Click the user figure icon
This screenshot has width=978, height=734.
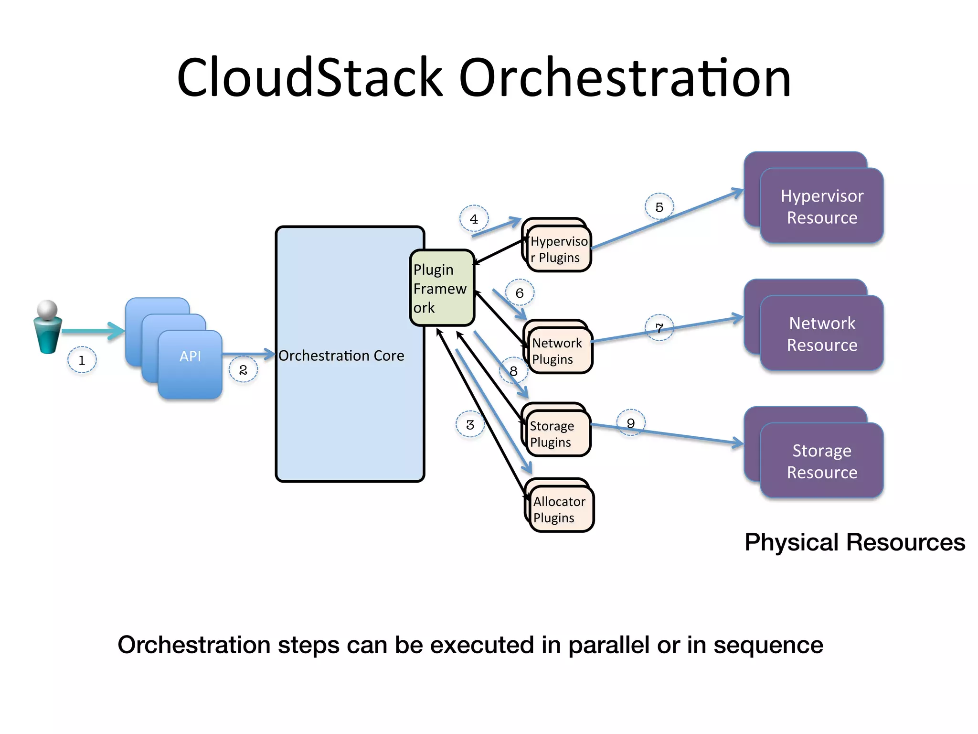click(48, 327)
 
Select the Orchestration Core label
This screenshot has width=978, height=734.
click(341, 356)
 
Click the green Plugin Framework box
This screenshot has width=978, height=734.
click(441, 288)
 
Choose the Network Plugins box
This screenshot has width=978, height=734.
click(559, 351)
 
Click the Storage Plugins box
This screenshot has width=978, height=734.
click(557, 433)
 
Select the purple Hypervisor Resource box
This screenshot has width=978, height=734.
click(822, 206)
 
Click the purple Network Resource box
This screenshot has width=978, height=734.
click(822, 334)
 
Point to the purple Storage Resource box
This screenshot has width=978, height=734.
click(822, 461)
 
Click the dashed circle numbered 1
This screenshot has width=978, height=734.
click(82, 360)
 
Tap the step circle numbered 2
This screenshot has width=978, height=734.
click(243, 370)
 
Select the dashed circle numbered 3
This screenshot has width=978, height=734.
click(470, 424)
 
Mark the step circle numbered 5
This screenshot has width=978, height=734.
click(659, 207)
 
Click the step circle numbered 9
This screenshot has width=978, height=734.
click(631, 423)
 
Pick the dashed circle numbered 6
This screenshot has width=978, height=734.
click(520, 292)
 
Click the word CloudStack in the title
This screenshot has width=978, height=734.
click(309, 77)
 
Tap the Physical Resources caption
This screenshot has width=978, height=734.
click(855, 542)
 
